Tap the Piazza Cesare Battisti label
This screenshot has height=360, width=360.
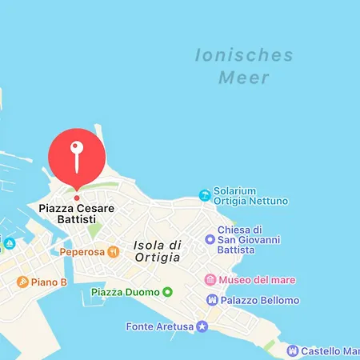pos(77,214)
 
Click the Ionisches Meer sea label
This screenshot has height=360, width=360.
pos(244,66)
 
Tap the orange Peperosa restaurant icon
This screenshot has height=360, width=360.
pos(114,252)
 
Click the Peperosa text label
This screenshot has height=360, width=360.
pos(83,252)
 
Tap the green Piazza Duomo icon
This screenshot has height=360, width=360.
pos(167,292)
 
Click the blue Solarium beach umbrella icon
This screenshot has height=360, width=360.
pos(205,195)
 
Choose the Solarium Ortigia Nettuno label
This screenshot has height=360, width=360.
pos(250,195)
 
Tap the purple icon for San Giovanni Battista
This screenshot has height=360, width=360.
pos(210,239)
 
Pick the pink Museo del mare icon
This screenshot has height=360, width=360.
pos(210,280)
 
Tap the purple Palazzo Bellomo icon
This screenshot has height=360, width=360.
pos(211,300)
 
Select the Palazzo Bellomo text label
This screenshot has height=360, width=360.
pos(260,300)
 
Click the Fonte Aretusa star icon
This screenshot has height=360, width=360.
pos(202,326)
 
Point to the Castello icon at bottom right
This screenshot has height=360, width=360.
pos(292,350)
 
